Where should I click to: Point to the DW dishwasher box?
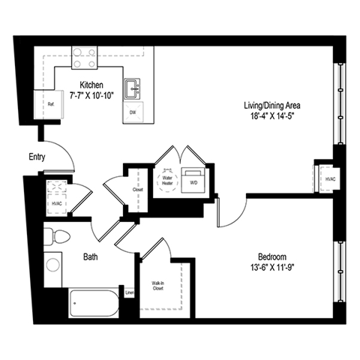coord(133,112)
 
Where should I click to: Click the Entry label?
coord(37,157)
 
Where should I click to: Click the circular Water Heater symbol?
coord(169,178)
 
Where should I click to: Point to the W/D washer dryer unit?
coord(193,181)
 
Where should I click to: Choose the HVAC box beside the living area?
coord(330,178)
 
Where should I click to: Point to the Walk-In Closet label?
coord(158,285)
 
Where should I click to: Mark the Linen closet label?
coord(130,292)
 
